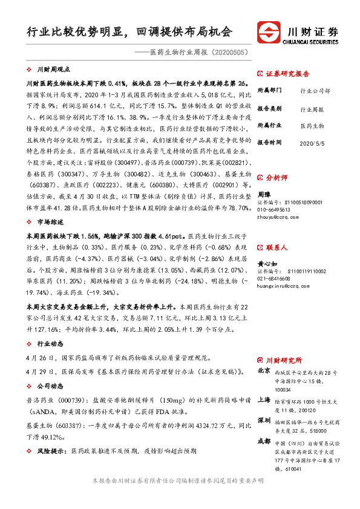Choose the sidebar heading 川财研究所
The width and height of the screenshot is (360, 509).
283,357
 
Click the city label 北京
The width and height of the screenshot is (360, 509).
264,370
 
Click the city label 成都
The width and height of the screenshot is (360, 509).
264,441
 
